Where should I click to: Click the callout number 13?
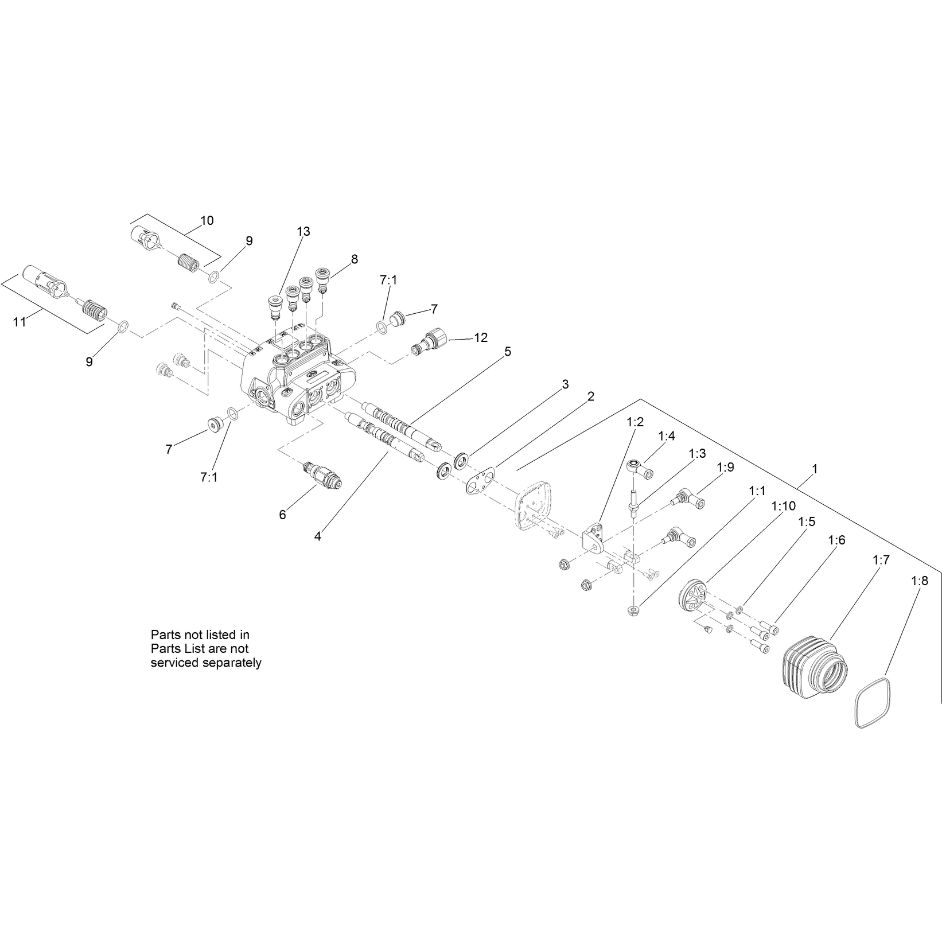point(303,231)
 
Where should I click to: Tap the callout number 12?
point(481,337)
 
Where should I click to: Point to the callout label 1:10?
point(784,506)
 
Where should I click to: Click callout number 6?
point(282,515)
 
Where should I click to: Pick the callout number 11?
point(20,322)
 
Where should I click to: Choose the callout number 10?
point(207,220)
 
